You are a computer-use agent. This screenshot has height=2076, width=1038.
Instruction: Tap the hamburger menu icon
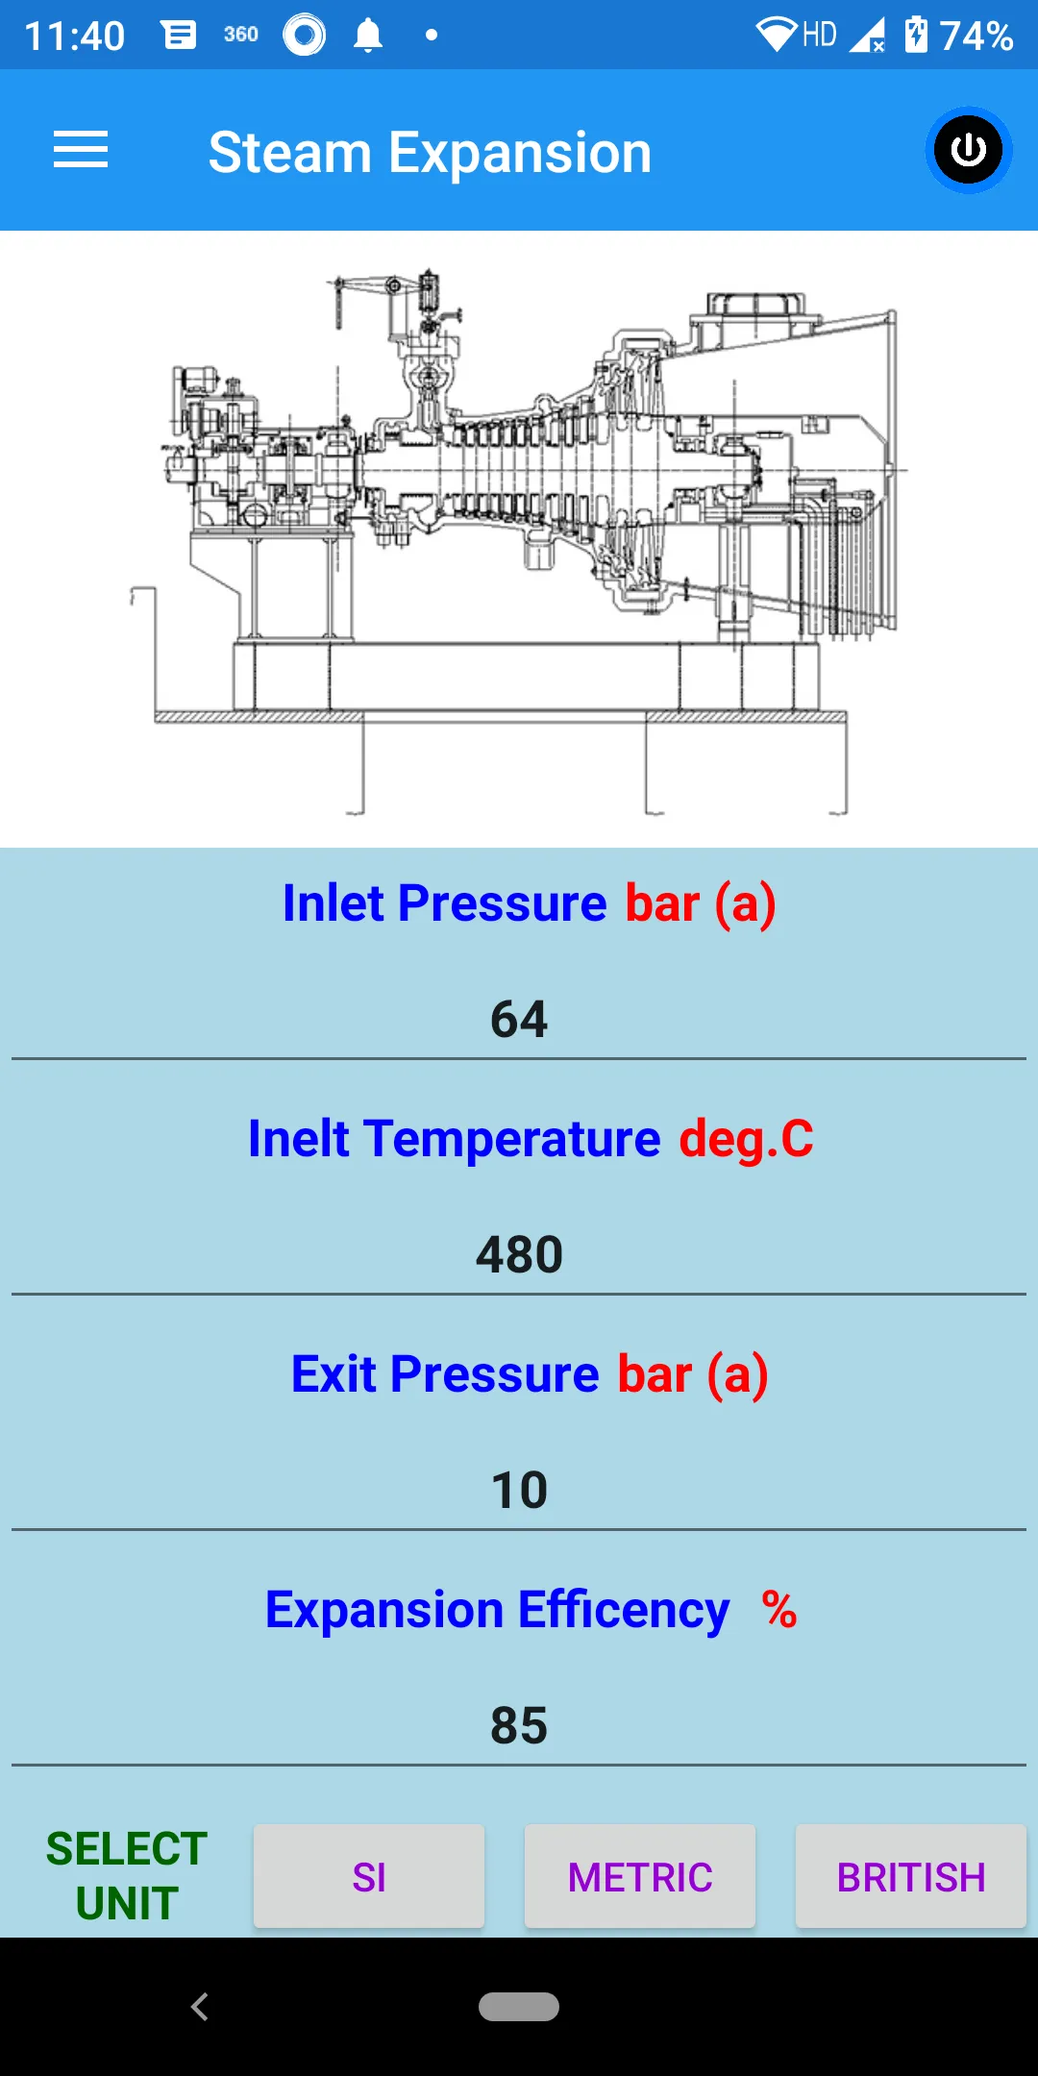[x=81, y=150]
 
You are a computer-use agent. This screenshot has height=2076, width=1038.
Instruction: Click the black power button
[x=968, y=150]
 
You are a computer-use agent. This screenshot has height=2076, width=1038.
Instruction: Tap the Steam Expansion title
[x=430, y=153]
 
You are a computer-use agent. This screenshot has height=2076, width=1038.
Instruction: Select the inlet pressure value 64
[x=519, y=1019]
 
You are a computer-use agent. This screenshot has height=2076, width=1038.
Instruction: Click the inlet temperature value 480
[x=519, y=1254]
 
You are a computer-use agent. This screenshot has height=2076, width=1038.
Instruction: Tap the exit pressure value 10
[x=519, y=1490]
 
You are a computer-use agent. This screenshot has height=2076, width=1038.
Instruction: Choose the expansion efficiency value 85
[x=519, y=1725]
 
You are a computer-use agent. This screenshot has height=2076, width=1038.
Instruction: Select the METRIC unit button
[x=640, y=1876]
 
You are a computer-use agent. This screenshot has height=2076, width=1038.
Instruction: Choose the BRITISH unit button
[x=911, y=1876]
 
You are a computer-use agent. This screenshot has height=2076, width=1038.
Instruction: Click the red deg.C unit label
[x=746, y=1139]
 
